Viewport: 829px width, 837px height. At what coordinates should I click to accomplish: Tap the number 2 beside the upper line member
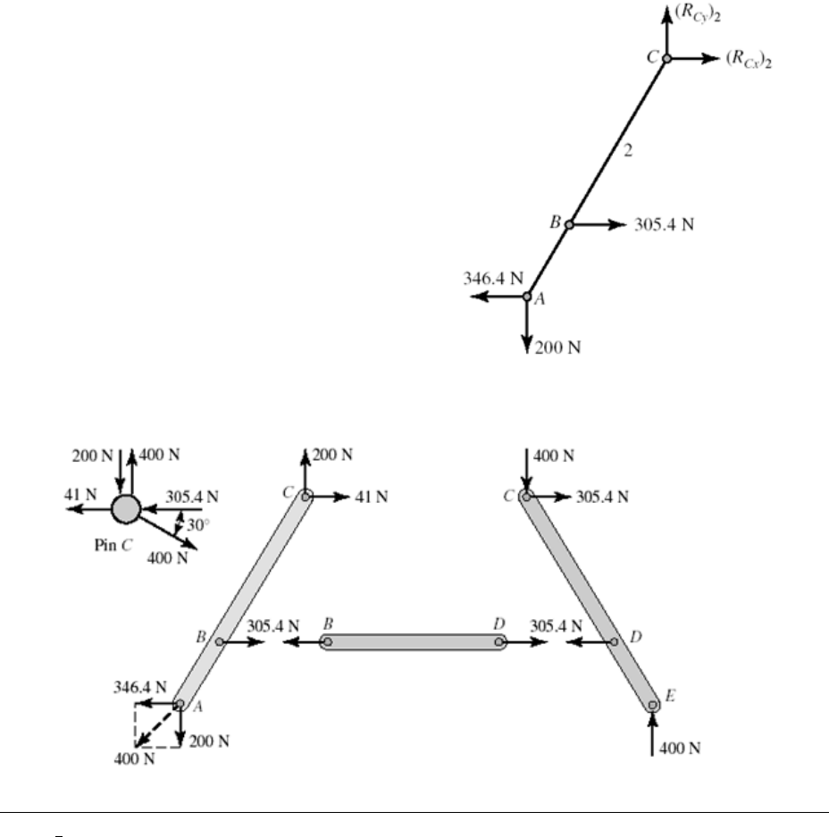[628, 151]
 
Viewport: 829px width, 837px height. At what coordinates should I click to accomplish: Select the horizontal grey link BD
[414, 641]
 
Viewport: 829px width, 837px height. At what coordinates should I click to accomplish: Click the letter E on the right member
[669, 694]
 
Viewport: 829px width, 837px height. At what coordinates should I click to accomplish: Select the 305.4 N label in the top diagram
[664, 224]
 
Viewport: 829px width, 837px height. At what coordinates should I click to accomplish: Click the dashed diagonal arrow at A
[157, 724]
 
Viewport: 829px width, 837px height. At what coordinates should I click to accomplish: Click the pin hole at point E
[653, 706]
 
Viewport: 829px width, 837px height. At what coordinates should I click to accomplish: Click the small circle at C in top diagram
[666, 58]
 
